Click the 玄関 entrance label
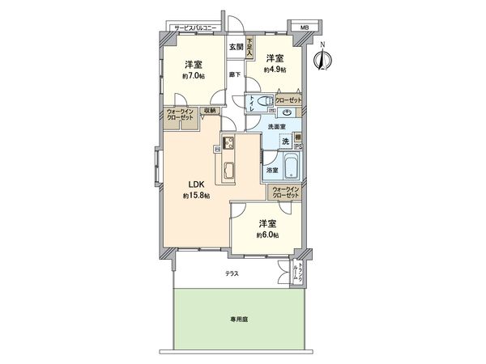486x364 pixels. (234, 47)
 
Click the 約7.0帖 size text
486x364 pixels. (192, 77)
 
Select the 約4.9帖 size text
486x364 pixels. (274, 70)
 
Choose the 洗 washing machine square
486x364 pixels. (285, 142)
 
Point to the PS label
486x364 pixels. (299, 147)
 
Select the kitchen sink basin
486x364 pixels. (228, 171)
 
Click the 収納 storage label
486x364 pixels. (209, 112)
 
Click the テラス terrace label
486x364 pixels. (232, 274)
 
